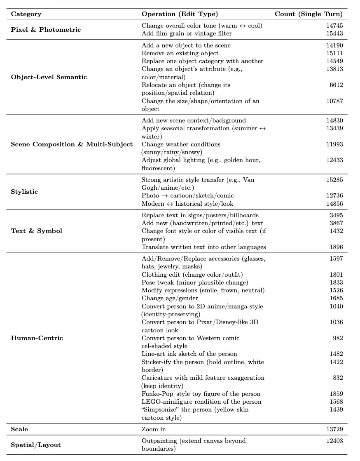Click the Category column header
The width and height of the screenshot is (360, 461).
(26, 14)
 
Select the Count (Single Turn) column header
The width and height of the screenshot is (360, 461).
(309, 14)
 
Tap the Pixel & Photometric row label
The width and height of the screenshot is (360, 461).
(46, 30)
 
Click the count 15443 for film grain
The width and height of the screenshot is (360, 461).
(334, 33)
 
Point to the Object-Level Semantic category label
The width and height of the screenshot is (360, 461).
(49, 77)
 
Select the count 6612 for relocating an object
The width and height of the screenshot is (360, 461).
(336, 85)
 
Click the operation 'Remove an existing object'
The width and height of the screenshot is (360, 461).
(180, 53)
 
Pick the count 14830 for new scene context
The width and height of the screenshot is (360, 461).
(334, 120)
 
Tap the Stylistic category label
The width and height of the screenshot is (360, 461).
(24, 192)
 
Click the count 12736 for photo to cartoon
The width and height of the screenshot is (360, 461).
(334, 195)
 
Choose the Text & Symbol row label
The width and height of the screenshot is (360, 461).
(36, 231)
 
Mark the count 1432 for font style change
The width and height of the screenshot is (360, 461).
(336, 231)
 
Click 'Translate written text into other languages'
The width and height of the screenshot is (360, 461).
(203, 247)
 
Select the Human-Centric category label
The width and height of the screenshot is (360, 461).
(37, 338)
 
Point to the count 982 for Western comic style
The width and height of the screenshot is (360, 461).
(338, 338)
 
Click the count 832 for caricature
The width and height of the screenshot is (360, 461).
(338, 378)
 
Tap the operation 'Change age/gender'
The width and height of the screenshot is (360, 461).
(170, 298)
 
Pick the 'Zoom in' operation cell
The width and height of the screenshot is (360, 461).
(154, 429)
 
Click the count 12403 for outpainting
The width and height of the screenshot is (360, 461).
(334, 441)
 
